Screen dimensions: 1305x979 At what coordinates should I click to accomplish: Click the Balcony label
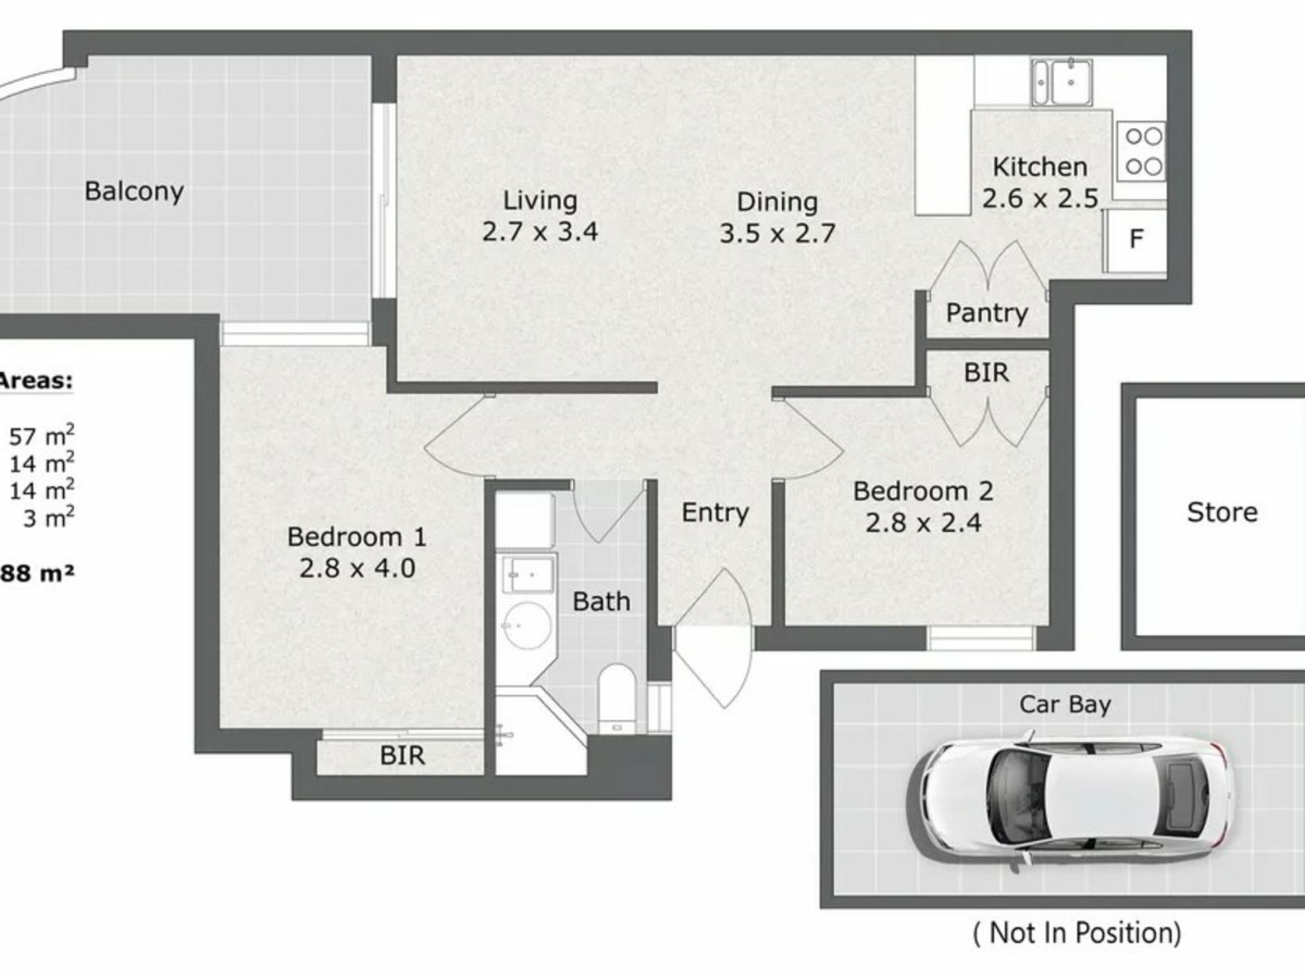(x=134, y=192)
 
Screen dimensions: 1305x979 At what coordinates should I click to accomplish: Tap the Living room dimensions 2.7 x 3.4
(x=540, y=232)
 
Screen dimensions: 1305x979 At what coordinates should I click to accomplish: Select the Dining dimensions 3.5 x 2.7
(x=777, y=234)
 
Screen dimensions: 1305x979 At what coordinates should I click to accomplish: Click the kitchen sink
(x=1062, y=82)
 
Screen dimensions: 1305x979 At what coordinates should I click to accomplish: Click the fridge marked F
(x=1136, y=239)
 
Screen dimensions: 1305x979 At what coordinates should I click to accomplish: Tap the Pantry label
(x=987, y=313)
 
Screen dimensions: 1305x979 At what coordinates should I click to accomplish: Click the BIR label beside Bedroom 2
(x=986, y=373)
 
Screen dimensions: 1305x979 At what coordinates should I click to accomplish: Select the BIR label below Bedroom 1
(x=402, y=755)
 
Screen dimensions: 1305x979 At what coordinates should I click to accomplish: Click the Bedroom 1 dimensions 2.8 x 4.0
(x=357, y=568)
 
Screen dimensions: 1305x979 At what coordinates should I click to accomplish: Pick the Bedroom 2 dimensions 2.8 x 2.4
(x=923, y=523)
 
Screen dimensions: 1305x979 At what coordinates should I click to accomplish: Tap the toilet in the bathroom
(x=617, y=698)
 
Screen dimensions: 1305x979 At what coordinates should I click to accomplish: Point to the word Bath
(x=602, y=602)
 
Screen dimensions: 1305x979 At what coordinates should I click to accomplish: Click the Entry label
(x=715, y=513)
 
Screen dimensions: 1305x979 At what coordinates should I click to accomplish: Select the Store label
(x=1222, y=513)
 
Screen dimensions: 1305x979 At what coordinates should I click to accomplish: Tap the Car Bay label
(x=1065, y=705)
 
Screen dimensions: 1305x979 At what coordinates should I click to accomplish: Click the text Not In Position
(x=1077, y=933)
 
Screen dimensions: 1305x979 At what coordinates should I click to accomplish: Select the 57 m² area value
(x=41, y=435)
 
